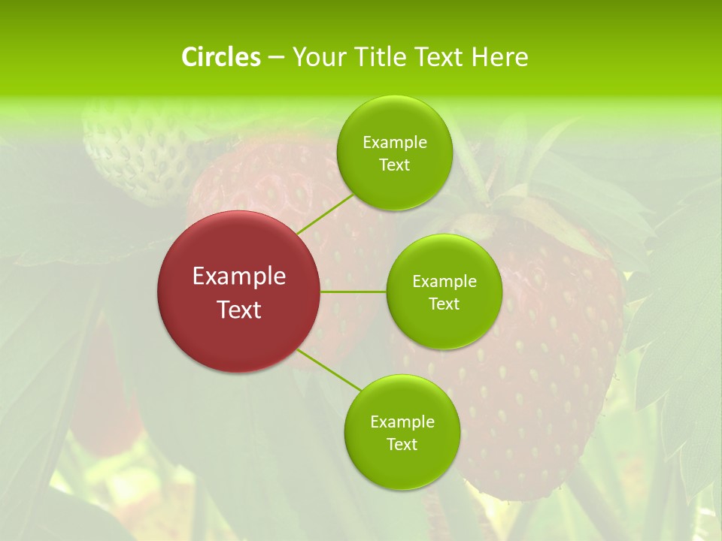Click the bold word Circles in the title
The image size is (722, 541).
point(220,57)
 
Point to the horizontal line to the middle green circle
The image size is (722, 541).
point(353,292)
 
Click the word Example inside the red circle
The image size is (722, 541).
point(239,277)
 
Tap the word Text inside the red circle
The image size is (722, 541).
point(239,310)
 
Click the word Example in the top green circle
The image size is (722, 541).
point(395,143)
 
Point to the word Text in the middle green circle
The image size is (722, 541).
point(444,304)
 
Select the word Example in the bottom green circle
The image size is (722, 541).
point(402,422)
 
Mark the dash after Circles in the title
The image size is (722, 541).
point(275,58)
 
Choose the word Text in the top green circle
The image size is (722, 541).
point(395,165)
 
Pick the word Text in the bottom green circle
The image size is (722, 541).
point(402,445)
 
